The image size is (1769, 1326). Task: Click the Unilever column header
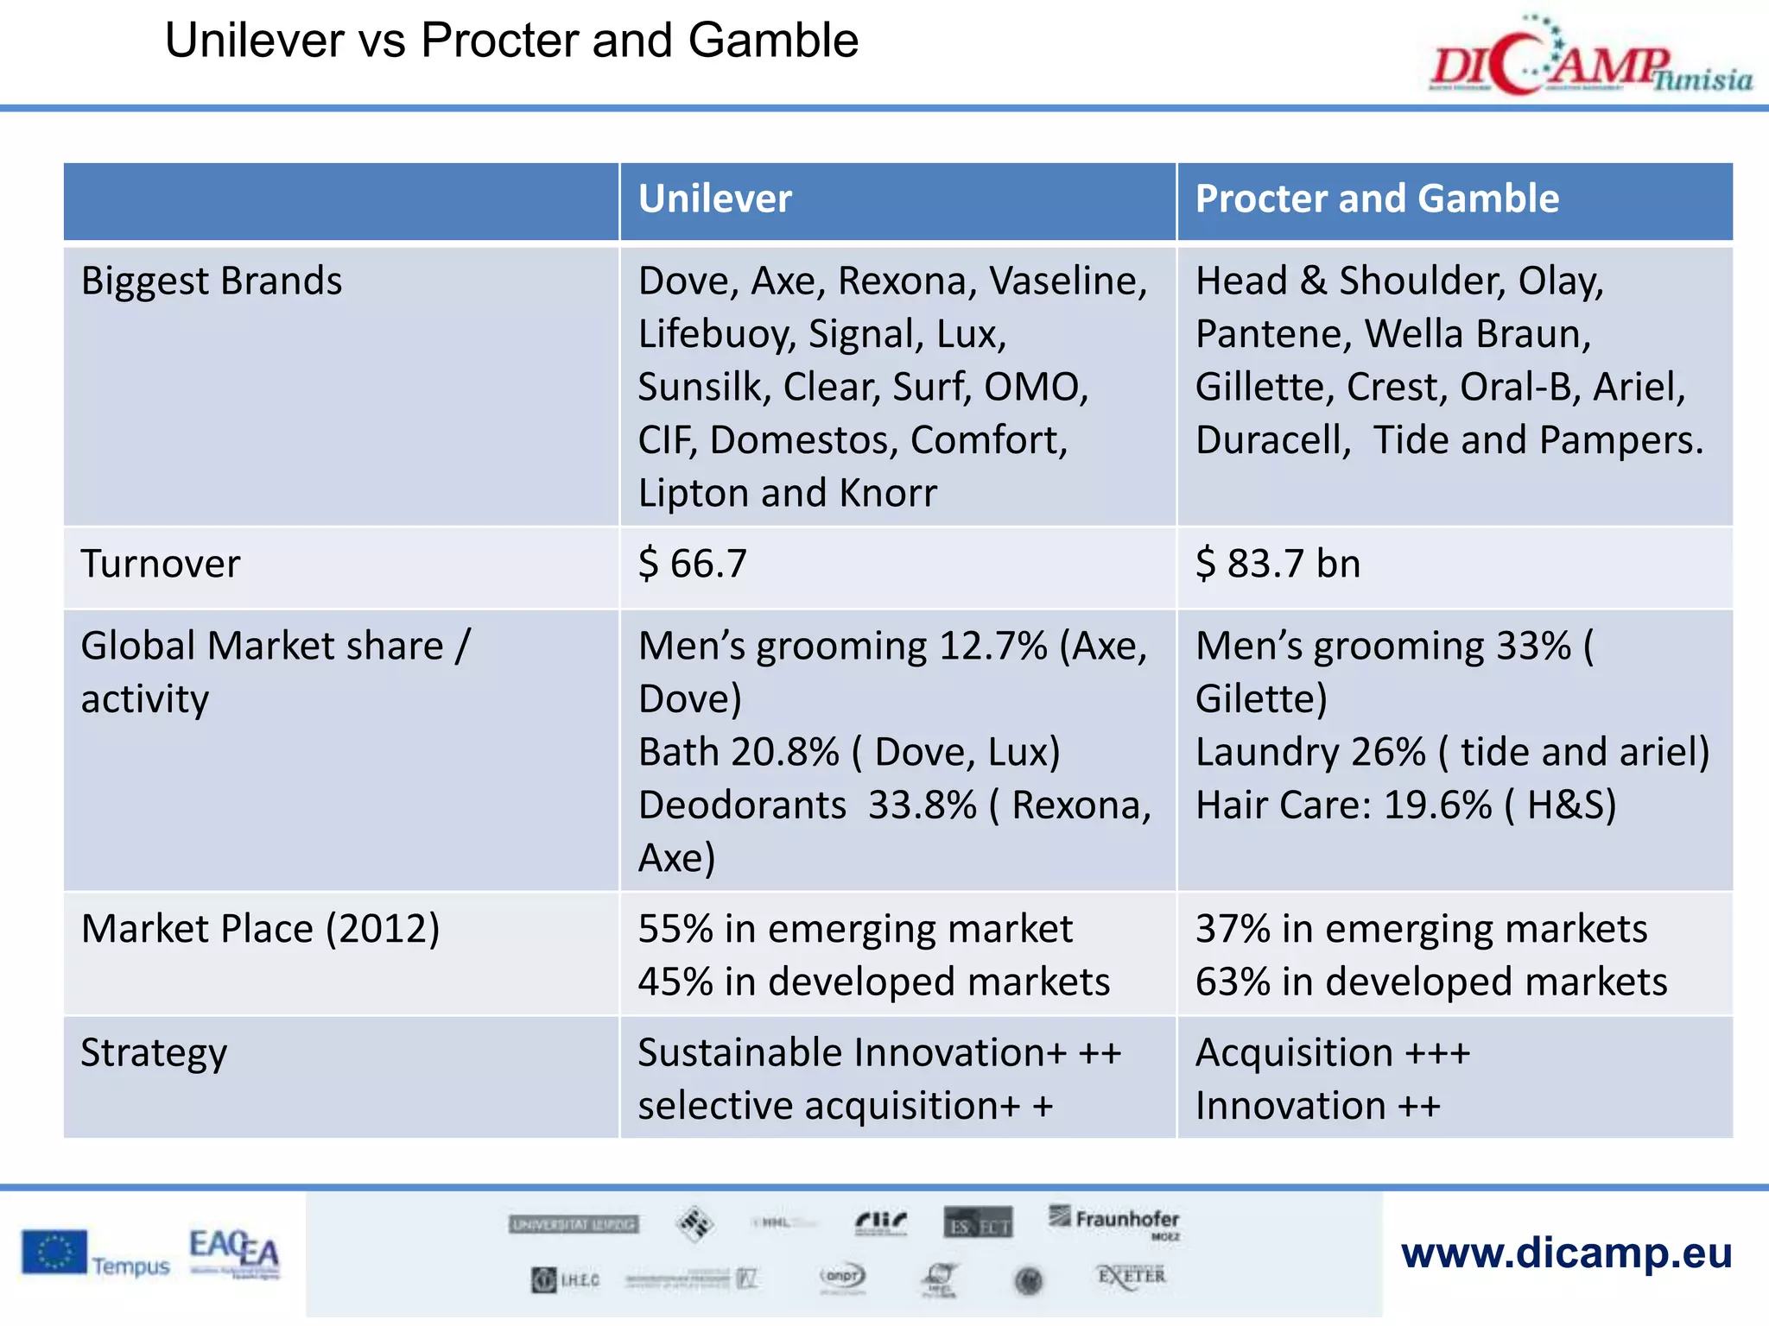[714, 199]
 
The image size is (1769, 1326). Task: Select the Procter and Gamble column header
[1377, 199]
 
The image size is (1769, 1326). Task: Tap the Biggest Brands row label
[212, 281]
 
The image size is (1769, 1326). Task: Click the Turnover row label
[161, 565]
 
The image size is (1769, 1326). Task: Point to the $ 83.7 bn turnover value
[1278, 565]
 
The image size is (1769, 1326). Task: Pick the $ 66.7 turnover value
[692, 565]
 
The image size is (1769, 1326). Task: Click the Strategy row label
[154, 1054]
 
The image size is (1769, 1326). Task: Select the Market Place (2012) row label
[260, 930]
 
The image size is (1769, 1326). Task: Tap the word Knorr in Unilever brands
[888, 494]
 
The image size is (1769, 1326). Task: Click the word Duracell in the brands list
[1272, 441]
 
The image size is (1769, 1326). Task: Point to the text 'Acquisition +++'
[1332, 1054]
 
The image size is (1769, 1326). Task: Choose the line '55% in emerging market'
[855, 930]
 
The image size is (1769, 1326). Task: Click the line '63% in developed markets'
[1431, 982]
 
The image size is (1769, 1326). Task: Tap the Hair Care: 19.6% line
[1405, 805]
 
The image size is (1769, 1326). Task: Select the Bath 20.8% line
[848, 753]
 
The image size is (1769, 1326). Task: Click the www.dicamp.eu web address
[1566, 1253]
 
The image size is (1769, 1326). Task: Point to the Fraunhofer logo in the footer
[1115, 1221]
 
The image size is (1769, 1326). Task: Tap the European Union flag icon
[54, 1253]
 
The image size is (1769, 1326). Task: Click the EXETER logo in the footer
[1132, 1276]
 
